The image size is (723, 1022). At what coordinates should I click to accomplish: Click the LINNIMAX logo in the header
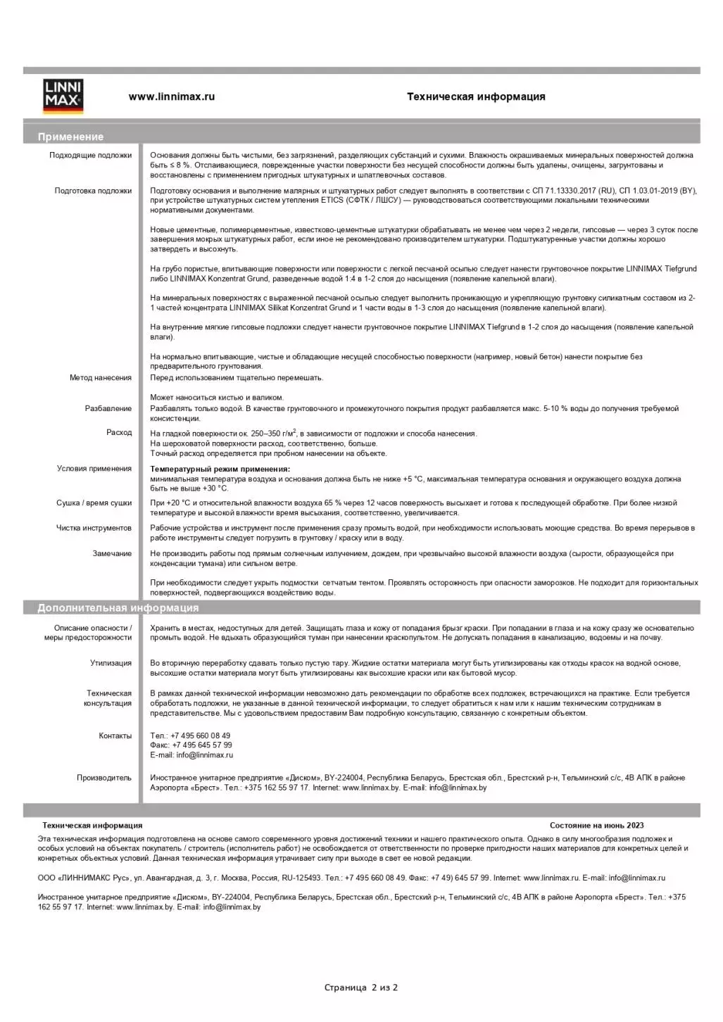click(63, 96)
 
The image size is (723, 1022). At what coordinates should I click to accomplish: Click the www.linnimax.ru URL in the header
click(172, 97)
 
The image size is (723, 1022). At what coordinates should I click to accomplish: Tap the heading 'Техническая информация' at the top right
click(476, 97)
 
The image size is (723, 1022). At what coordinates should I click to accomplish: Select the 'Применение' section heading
click(70, 137)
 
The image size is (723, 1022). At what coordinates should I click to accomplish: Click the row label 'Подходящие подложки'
click(90, 156)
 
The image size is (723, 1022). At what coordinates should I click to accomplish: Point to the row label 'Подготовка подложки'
click(93, 191)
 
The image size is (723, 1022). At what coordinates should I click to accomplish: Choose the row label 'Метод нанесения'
click(101, 378)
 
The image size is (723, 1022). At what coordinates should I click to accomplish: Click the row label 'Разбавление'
click(108, 409)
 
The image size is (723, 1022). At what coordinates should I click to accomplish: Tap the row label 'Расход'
click(119, 433)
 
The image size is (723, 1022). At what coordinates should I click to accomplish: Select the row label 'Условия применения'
click(94, 469)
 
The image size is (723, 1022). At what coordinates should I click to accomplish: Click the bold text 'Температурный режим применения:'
click(220, 469)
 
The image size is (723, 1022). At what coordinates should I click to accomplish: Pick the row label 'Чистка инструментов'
click(94, 528)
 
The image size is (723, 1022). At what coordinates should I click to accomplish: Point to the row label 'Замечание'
click(112, 554)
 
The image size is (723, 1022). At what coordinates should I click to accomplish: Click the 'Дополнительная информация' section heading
click(118, 608)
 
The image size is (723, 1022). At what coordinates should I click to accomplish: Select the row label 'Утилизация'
click(111, 663)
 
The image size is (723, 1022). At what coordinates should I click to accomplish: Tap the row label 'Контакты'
click(115, 736)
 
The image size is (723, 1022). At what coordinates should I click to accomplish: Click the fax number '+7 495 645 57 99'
click(202, 745)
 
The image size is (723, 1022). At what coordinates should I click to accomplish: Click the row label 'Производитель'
click(104, 778)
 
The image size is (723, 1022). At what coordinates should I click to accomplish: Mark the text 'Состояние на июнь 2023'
click(596, 826)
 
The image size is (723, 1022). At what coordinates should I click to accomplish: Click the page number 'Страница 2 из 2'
click(361, 988)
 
